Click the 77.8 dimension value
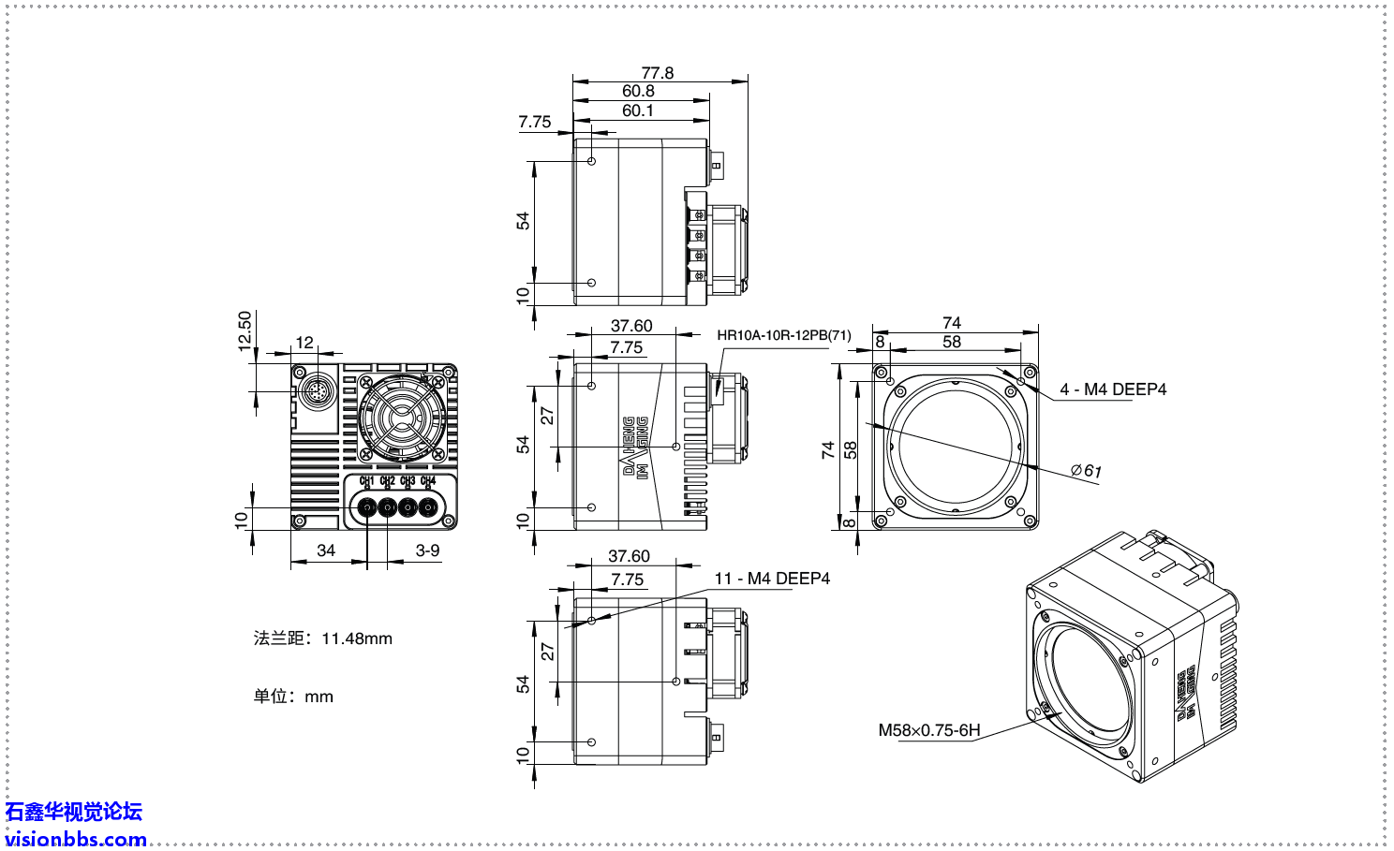(657, 73)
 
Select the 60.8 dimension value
(638, 91)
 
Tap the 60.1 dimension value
(638, 110)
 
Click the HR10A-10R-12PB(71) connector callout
(783, 335)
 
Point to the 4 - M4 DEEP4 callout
(1113, 389)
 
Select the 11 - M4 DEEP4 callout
(772, 579)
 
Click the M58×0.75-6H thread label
(928, 730)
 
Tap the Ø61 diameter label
(1087, 471)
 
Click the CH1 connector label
(366, 481)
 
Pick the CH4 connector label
(428, 481)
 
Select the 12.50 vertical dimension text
(245, 331)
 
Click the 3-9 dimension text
(427, 550)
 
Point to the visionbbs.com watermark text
(76, 839)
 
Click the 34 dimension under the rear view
(326, 550)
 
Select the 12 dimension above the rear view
(304, 343)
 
